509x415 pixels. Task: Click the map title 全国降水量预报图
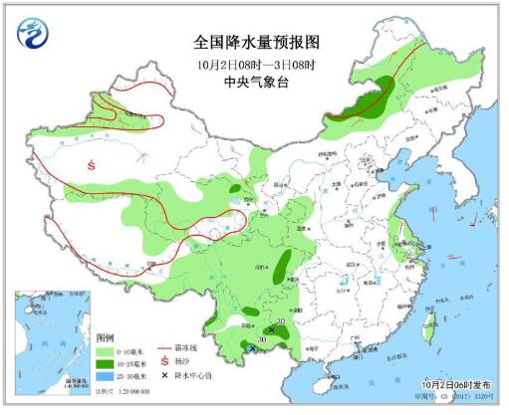pyautogui.click(x=254, y=43)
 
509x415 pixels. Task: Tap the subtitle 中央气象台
pyautogui.click(x=254, y=84)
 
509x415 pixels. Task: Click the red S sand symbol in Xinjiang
pyautogui.click(x=92, y=165)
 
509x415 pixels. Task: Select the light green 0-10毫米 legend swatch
pyautogui.click(x=106, y=352)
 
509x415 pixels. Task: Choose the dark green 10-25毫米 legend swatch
pyautogui.click(x=106, y=364)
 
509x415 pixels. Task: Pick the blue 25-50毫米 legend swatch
pyautogui.click(x=106, y=376)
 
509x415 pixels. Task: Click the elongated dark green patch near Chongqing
pyautogui.click(x=284, y=265)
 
